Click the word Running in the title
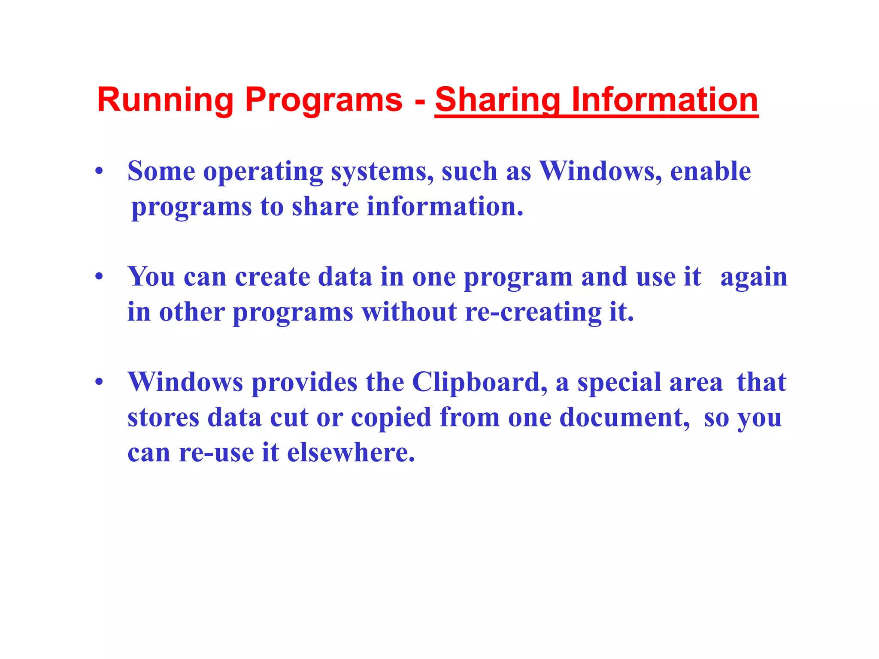click(x=165, y=100)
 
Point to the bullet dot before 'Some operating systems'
click(x=99, y=172)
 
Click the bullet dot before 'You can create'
click(x=99, y=277)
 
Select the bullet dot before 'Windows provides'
click(x=99, y=382)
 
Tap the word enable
click(x=710, y=171)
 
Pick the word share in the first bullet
click(x=325, y=206)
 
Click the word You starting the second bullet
click(x=152, y=277)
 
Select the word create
click(x=273, y=277)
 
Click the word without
click(x=409, y=312)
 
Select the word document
click(x=624, y=417)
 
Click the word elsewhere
click(x=351, y=453)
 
